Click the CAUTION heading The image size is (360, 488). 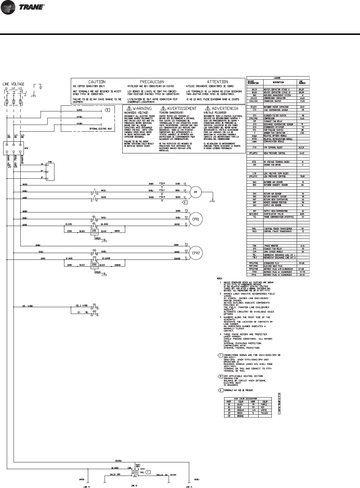(97, 82)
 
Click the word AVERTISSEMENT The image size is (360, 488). (181, 109)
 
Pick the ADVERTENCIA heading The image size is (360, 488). (225, 109)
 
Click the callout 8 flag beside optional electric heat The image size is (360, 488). (108, 110)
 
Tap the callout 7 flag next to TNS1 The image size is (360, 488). (149, 472)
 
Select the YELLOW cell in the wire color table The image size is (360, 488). (264, 413)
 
